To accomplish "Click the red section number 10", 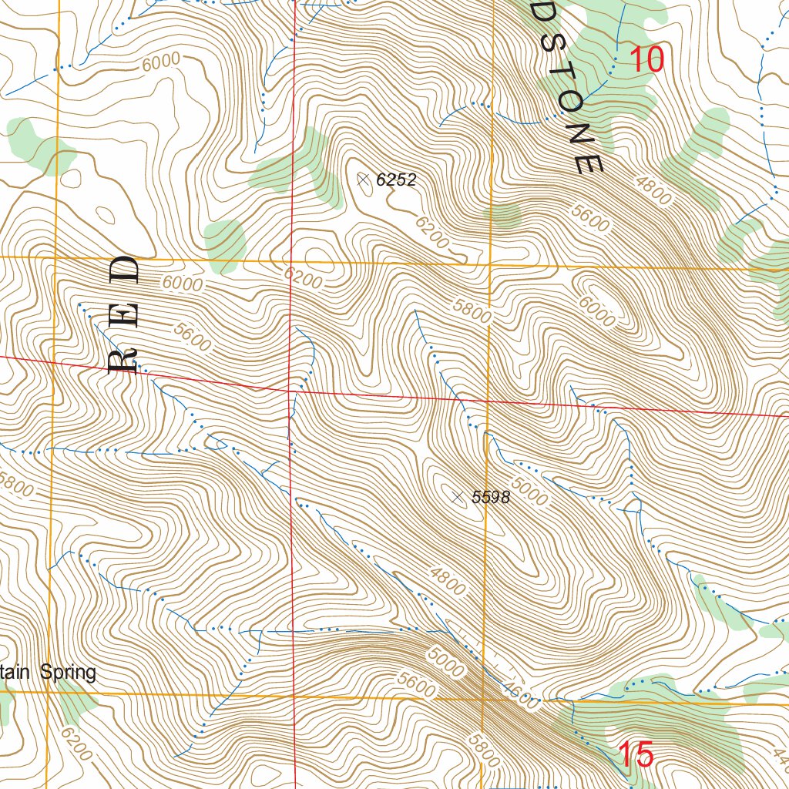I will pyautogui.click(x=646, y=60).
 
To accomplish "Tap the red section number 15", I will pyautogui.click(x=636, y=754).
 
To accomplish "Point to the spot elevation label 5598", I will pyautogui.click(x=491, y=498).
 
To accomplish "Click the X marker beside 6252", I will pyautogui.click(x=363, y=179).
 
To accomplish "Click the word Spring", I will pyautogui.click(x=69, y=673).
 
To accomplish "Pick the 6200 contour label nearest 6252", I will pyautogui.click(x=431, y=232).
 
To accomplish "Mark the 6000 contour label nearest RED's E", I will pyautogui.click(x=182, y=285).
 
